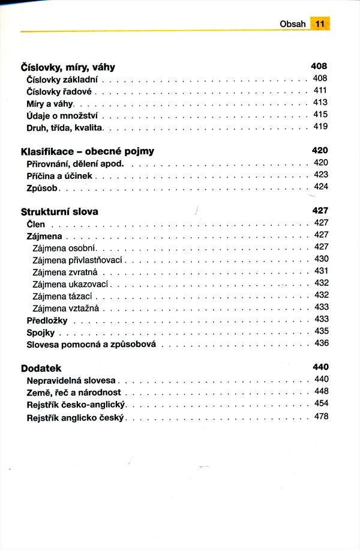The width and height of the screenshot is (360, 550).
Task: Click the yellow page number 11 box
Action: [x=320, y=24]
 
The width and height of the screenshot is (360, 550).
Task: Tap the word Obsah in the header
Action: [x=293, y=24]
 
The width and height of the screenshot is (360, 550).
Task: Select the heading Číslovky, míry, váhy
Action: [x=68, y=67]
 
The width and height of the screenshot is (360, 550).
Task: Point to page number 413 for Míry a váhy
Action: [x=320, y=103]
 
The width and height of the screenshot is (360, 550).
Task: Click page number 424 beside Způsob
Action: [x=321, y=187]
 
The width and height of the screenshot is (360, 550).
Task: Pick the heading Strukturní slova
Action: [x=59, y=211]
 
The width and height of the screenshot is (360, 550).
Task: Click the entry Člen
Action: [x=36, y=224]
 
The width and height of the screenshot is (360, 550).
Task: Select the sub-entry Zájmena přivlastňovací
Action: [x=77, y=259]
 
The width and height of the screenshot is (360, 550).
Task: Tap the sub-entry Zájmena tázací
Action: [x=62, y=295]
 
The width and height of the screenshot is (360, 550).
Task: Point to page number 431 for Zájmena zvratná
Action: [x=321, y=271]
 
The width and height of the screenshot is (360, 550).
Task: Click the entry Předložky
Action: [x=47, y=319]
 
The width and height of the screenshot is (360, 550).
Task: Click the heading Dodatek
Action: [x=41, y=367]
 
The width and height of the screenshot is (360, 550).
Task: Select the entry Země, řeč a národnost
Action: [x=74, y=392]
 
